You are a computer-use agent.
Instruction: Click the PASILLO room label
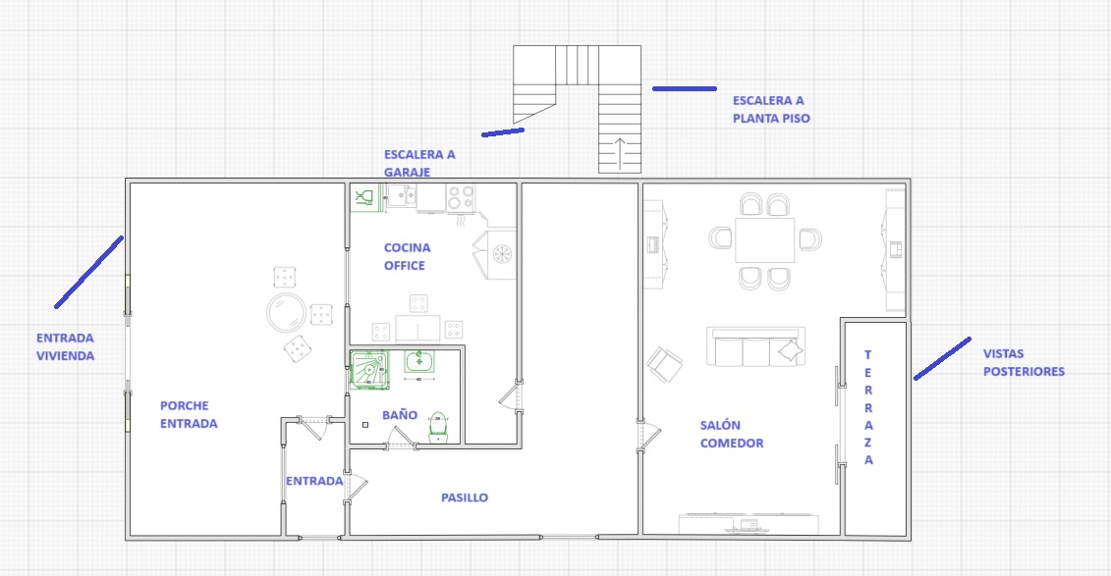point(464,497)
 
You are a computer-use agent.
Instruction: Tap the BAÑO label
point(400,415)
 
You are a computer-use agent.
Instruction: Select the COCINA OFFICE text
point(407,256)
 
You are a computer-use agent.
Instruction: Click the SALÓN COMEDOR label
point(732,434)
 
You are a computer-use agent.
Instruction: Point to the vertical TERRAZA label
point(868,407)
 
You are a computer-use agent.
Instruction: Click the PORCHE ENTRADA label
point(189,415)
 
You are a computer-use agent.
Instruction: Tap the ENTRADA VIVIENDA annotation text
point(65,346)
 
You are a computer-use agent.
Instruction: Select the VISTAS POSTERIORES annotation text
point(1024,362)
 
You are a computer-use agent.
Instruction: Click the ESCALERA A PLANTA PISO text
point(771,110)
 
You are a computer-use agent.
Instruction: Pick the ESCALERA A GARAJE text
point(419,163)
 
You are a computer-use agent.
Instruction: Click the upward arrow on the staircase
point(619,153)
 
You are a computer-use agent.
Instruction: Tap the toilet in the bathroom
point(438,428)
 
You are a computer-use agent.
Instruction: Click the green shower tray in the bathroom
point(369,369)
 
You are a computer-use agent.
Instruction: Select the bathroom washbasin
point(418,361)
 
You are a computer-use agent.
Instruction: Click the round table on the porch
point(286,312)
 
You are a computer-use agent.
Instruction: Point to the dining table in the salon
point(764,240)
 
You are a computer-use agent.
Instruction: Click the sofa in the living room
point(755,346)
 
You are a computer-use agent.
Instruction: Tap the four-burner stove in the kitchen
point(461,197)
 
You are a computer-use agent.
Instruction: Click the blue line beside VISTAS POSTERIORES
point(942,359)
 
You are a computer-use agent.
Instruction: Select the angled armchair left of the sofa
point(665,364)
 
